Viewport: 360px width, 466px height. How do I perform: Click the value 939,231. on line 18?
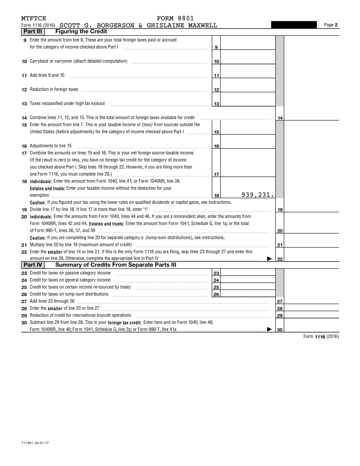[258, 195]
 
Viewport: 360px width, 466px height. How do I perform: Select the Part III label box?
[33, 32]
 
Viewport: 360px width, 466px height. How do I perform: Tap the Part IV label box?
[33, 265]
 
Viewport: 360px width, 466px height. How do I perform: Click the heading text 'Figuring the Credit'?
[81, 32]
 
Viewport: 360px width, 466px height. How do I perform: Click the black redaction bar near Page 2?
[294, 25]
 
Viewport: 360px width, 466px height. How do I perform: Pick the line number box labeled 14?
[280, 118]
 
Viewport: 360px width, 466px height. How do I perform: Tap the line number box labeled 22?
[280, 259]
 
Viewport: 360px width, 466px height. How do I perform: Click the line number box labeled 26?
[216, 294]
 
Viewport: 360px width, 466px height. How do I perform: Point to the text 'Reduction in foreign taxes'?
[54, 90]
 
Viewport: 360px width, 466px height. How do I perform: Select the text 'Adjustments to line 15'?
[51, 146]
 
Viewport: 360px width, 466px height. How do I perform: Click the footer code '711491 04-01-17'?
[35, 442]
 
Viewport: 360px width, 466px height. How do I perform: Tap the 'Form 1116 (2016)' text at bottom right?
[321, 337]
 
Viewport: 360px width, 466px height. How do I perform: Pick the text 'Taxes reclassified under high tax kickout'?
[67, 104]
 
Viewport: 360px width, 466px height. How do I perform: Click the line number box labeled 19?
[280, 210]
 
